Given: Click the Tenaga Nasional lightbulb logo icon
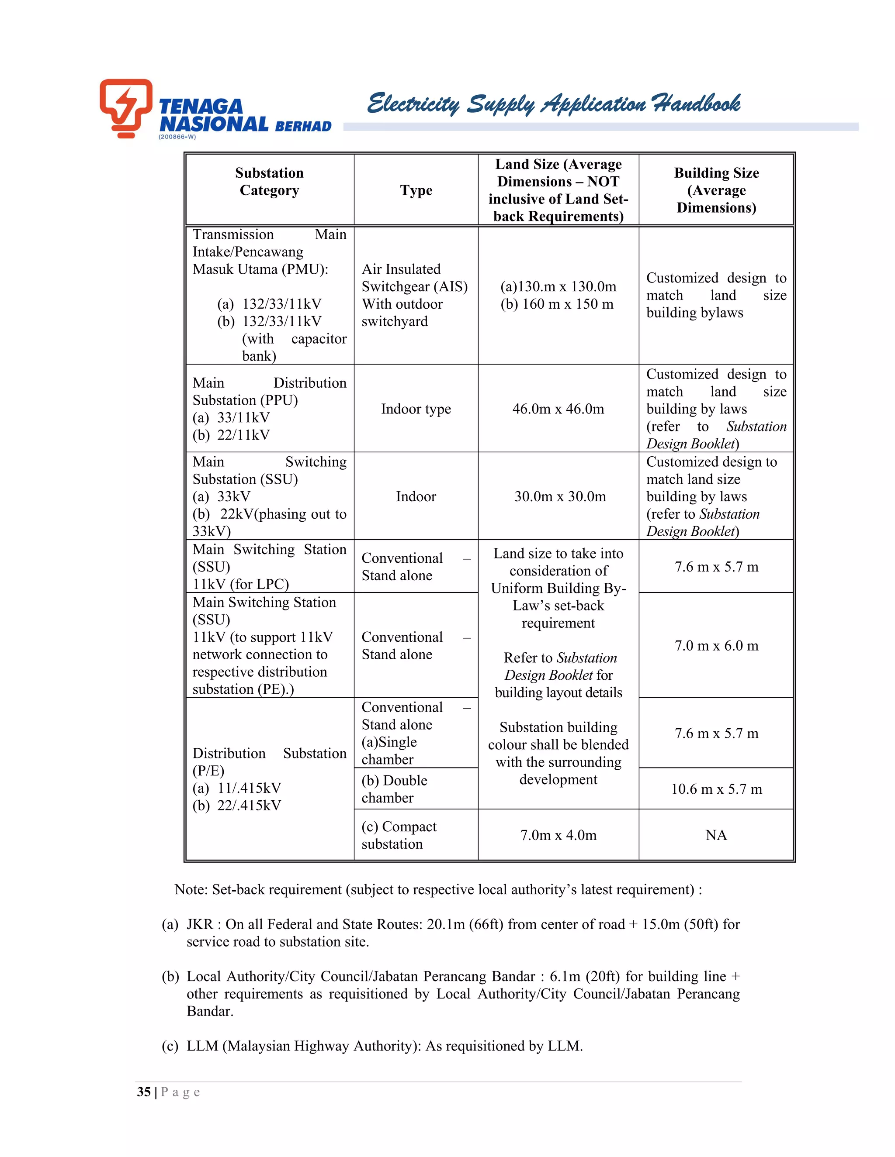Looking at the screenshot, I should pos(126,107).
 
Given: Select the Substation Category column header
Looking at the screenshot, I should pos(269,182).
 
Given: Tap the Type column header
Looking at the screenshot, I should pos(416,190).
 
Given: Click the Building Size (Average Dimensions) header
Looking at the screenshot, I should pos(716,190).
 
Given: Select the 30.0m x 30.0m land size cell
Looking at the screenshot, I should pos(560,496).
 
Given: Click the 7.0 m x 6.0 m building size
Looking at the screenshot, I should pos(716,646).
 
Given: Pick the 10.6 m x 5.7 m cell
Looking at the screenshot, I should pos(716,789).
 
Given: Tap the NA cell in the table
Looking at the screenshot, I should pos(716,835).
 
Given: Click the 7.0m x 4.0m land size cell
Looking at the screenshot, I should pos(559,835).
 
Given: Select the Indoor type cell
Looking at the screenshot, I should pos(416,409).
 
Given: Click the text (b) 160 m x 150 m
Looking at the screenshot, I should pos(557,304).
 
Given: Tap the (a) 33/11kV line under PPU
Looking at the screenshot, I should pos(231,417).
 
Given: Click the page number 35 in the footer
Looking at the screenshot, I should pos(144,1092).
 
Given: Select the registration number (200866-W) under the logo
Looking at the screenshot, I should pos(177,137).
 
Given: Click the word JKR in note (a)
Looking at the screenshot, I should pos(199,924).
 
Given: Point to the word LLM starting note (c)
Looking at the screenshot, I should pos(202,1046).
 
